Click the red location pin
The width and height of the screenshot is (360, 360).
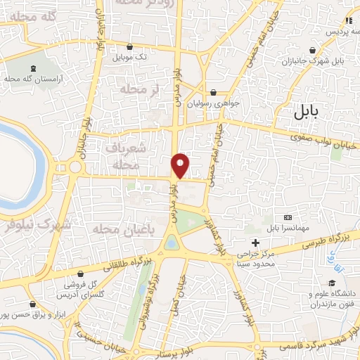(181, 164)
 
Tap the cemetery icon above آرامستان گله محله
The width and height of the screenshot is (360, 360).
(34, 68)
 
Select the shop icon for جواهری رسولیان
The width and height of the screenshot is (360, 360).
(214, 92)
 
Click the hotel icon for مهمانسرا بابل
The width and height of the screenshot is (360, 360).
(287, 219)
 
